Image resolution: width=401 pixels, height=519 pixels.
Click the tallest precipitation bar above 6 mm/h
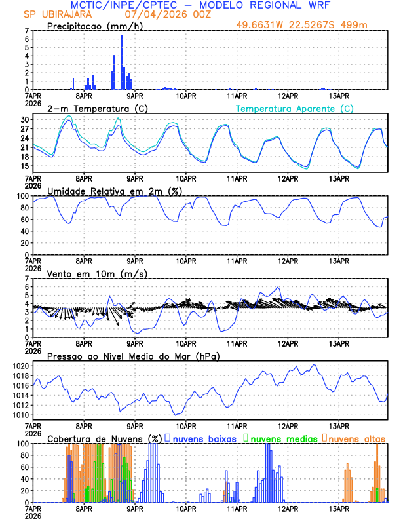click(122, 62)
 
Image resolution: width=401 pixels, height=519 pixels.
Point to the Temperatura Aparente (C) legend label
click(295, 108)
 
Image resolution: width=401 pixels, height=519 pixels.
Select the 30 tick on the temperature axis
click(25, 120)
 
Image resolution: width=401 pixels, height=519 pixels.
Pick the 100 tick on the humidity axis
click(22, 196)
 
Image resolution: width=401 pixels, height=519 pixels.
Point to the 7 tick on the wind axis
click(27, 279)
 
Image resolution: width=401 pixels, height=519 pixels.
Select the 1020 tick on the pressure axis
click(20, 366)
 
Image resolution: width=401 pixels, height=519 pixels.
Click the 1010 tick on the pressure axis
click(20, 415)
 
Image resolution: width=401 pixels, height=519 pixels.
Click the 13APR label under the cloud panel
click(338, 509)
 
